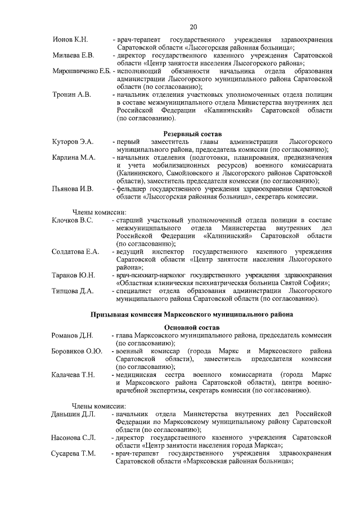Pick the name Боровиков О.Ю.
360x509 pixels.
(76, 352)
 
